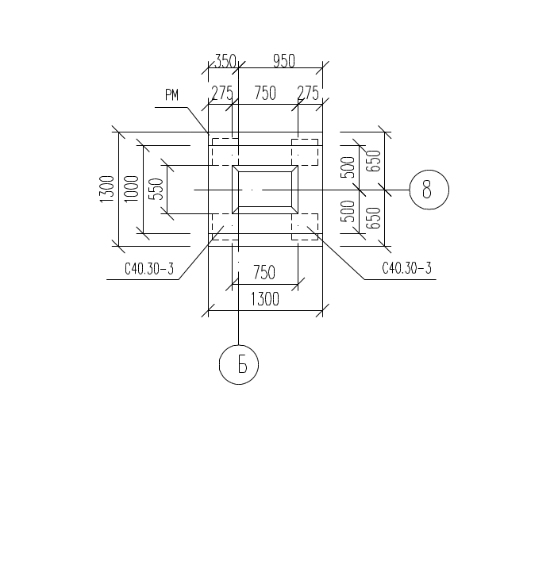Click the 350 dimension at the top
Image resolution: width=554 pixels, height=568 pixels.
(x=225, y=61)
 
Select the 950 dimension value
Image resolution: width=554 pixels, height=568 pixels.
(x=283, y=61)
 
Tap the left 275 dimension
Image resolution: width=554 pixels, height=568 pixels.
(x=221, y=94)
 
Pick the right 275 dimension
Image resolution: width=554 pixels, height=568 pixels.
(x=308, y=94)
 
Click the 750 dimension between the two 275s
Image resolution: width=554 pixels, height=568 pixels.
(x=265, y=94)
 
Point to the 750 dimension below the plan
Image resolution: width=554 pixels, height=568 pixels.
(x=264, y=272)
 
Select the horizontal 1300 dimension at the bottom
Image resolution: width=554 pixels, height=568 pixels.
(x=264, y=300)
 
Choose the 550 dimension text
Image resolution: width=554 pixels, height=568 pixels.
(x=156, y=189)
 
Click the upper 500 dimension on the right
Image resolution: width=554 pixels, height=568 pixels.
(x=347, y=167)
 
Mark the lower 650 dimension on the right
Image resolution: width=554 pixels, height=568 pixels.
(x=374, y=217)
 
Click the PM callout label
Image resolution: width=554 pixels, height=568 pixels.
(x=171, y=95)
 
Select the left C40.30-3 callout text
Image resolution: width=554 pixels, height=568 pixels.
(x=148, y=269)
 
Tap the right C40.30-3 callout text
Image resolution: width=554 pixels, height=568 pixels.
(x=406, y=269)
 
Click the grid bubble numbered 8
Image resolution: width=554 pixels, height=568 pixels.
(x=429, y=190)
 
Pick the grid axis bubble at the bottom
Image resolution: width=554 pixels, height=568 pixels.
(x=239, y=365)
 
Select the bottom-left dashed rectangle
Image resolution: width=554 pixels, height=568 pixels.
(x=223, y=227)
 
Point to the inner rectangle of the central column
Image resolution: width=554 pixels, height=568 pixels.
(x=264, y=189)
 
